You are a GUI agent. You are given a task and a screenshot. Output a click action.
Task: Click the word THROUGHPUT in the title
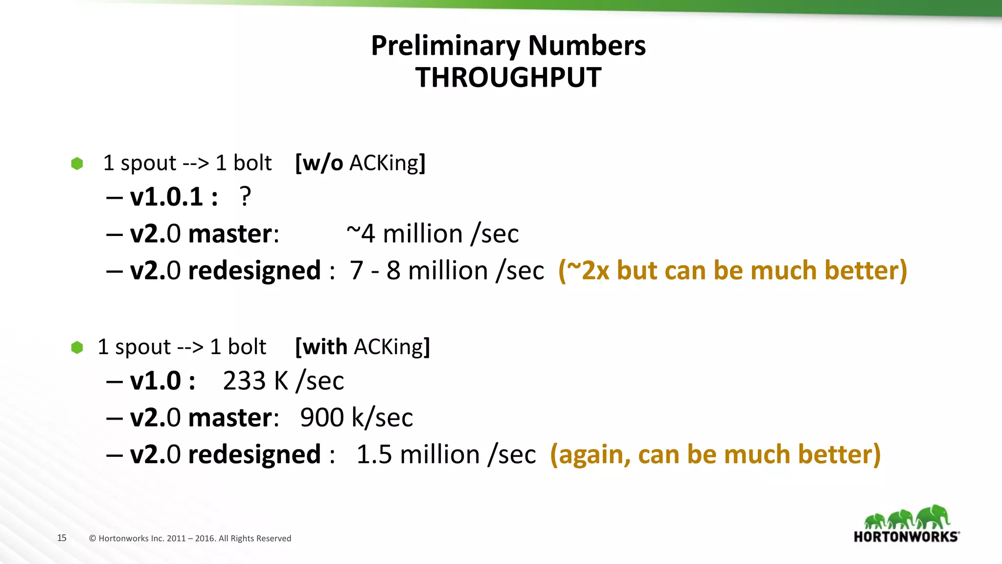point(508,77)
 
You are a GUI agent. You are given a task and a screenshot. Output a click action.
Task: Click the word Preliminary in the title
point(445,46)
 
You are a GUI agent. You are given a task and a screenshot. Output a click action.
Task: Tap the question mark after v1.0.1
point(245,197)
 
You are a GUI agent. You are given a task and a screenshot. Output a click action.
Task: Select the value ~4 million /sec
point(433,234)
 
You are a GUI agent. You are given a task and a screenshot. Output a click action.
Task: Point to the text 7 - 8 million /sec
point(446,271)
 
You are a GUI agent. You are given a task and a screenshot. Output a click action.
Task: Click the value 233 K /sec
point(283,381)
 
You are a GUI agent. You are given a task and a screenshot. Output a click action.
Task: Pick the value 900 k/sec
point(356,418)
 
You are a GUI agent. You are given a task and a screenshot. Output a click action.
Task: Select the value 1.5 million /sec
point(446,454)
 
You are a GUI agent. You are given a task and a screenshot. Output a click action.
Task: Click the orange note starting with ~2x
point(732,271)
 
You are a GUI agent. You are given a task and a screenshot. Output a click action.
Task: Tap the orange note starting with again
point(715,454)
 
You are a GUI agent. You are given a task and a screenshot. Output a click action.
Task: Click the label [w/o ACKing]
point(360,163)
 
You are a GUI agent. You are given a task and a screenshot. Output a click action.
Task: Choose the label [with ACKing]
point(363,347)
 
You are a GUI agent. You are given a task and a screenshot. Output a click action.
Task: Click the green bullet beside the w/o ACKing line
point(77,164)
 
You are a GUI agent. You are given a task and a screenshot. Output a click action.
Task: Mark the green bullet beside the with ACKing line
point(77,348)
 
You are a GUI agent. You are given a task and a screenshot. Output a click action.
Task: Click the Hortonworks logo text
point(906,537)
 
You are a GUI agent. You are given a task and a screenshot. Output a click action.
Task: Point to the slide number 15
point(62,538)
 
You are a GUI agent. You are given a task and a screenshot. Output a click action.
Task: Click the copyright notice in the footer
point(190,539)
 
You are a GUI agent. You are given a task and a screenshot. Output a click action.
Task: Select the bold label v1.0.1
point(167,197)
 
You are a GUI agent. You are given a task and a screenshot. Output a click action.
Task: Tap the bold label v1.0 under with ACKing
point(156,381)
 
